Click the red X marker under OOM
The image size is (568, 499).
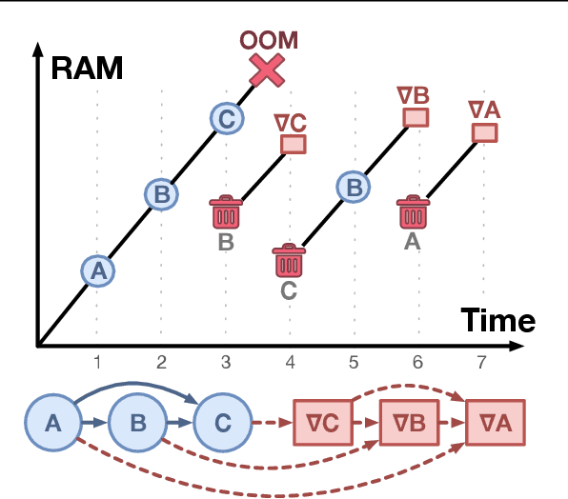[x=268, y=70]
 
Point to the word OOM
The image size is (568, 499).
[x=268, y=42]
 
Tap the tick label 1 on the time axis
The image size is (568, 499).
[x=97, y=362]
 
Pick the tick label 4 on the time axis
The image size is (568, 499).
[x=290, y=362]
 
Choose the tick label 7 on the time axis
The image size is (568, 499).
[x=482, y=362]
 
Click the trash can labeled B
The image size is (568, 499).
[x=226, y=211]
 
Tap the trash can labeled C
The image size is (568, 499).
[x=289, y=263]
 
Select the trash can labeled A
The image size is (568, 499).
[x=413, y=212]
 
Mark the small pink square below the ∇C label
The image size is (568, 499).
[x=294, y=144]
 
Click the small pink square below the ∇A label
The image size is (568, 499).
[x=485, y=131]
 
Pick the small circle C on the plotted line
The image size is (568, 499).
[x=225, y=119]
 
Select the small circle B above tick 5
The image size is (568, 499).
[x=354, y=187]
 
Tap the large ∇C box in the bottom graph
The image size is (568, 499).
[x=324, y=422]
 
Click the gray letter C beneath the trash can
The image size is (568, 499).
[x=289, y=291]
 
